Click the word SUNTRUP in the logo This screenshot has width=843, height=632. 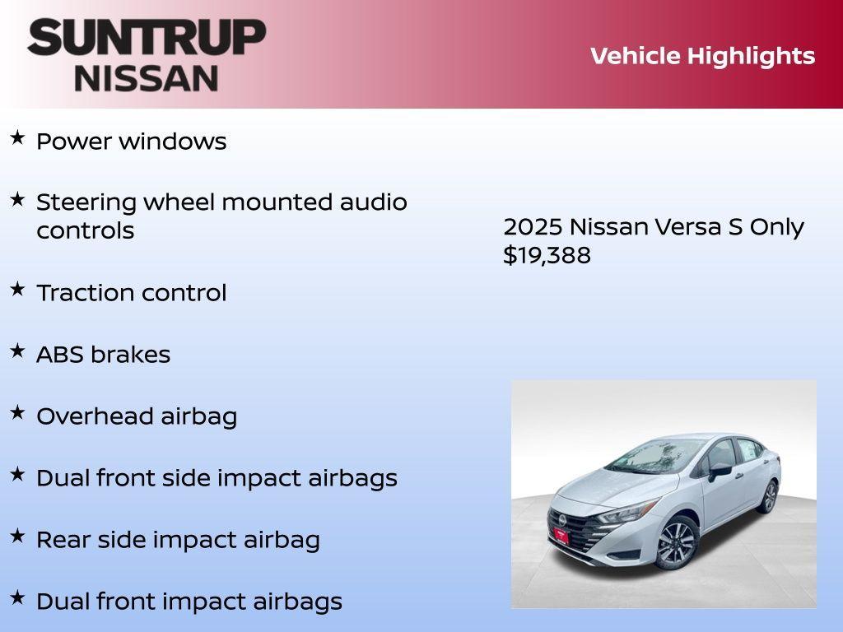147,39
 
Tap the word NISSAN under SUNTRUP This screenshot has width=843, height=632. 147,77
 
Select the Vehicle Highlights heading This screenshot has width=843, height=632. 702,56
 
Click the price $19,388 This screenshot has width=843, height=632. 547,255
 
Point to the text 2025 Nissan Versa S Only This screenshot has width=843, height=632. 653,227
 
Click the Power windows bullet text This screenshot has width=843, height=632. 131,142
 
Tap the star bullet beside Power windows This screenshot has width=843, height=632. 17,138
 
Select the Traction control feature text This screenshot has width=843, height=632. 131,293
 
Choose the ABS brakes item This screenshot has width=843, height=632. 103,355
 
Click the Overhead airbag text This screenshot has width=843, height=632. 137,416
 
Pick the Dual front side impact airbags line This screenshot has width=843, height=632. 217,478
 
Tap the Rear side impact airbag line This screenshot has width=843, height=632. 178,540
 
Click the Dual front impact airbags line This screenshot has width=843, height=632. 189,602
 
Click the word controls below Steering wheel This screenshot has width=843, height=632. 85,230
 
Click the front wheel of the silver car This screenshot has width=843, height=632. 677,543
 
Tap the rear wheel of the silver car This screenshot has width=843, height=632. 769,496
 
